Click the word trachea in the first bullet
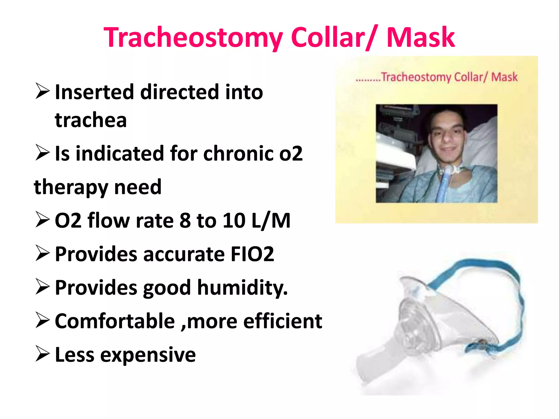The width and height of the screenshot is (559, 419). [91, 120]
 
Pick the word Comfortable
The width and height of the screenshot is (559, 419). [115, 321]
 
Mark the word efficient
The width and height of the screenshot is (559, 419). [283, 321]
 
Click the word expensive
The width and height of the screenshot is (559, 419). [148, 355]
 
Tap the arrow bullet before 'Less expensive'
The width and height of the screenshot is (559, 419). [42, 354]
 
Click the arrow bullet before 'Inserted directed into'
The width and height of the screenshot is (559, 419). [42, 92]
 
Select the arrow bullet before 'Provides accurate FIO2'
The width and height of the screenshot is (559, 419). [42, 253]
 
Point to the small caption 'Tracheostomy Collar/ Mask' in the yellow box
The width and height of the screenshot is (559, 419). [449, 77]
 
